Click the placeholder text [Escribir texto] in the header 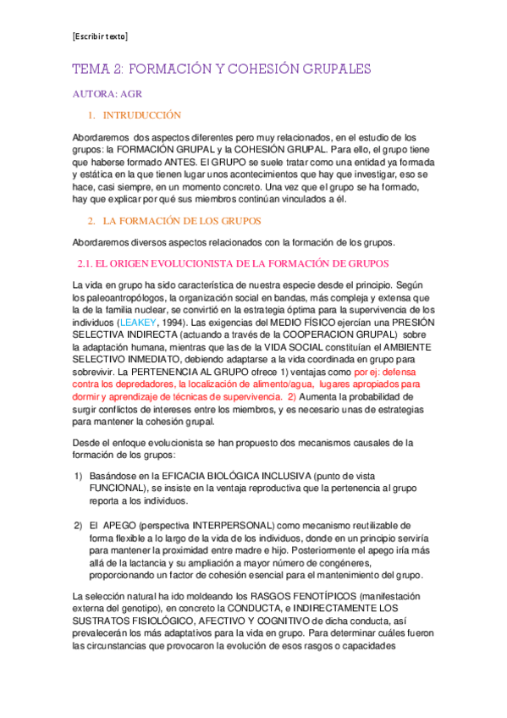100,36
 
